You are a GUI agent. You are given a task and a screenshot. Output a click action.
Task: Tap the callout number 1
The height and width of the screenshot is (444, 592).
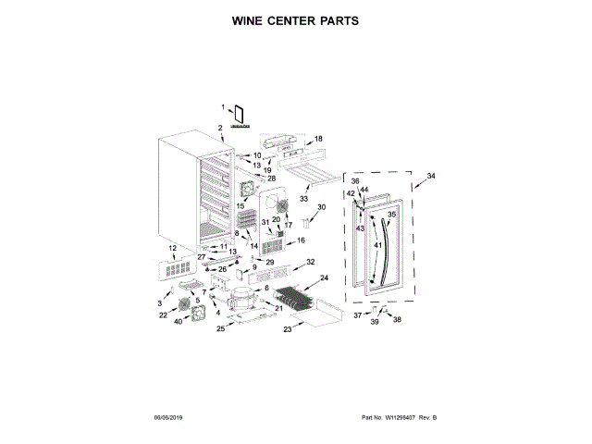[223, 108]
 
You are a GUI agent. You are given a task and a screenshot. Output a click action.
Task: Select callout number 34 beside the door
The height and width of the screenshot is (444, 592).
[431, 176]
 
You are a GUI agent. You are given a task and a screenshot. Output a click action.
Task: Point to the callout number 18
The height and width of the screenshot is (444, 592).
[319, 139]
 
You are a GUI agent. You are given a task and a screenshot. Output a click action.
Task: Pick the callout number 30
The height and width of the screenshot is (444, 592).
[322, 207]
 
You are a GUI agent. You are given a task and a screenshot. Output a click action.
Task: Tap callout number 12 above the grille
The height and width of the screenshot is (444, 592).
[172, 249]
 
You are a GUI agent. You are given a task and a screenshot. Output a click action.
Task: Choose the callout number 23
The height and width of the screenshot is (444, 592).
[287, 329]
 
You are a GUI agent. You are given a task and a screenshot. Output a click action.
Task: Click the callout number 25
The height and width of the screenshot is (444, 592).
[220, 327]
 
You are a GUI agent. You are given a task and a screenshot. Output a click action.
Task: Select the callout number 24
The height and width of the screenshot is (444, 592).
[324, 277]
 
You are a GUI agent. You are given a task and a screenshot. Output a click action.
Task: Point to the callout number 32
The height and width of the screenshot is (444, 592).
[311, 262]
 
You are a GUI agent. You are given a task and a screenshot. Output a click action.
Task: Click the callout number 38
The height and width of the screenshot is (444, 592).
[398, 320]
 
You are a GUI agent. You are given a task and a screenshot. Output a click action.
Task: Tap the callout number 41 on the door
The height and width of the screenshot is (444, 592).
[377, 245]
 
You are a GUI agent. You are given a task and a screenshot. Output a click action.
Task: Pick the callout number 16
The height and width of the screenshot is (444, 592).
[301, 240]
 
